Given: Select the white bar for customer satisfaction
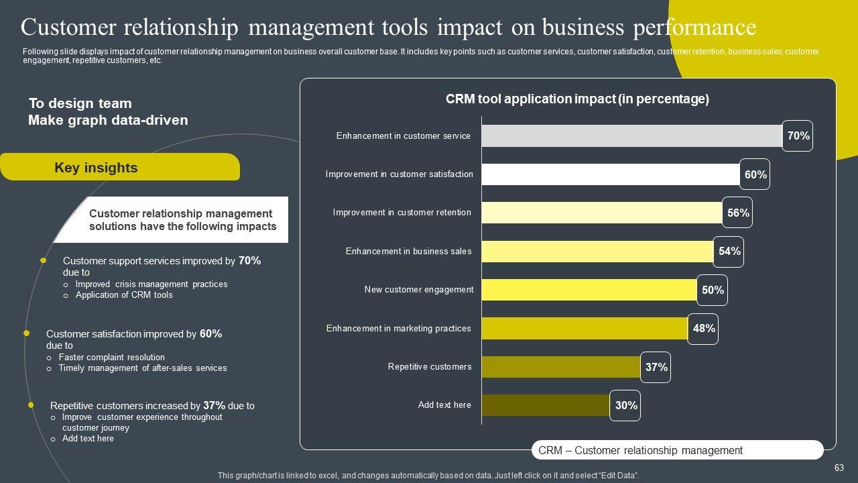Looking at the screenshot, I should (610, 174).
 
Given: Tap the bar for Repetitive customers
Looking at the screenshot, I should (560, 367).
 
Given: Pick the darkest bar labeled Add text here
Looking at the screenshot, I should (545, 405).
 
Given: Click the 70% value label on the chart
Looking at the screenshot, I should (798, 136).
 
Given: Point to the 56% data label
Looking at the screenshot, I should (737, 213).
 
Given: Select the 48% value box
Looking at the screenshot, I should (703, 329).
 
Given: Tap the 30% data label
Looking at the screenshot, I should (625, 405).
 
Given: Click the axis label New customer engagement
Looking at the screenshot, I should (418, 290).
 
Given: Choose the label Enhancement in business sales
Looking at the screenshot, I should (408, 252).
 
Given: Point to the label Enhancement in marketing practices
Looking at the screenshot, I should (398, 329).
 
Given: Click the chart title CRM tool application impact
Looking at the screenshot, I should (577, 99).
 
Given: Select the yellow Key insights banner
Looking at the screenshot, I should (119, 168).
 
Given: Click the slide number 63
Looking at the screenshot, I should (839, 468).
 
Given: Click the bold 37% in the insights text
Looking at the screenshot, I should (214, 405).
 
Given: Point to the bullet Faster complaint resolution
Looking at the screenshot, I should (111, 358).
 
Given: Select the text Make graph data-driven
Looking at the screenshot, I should (108, 120).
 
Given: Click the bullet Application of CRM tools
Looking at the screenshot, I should (124, 295).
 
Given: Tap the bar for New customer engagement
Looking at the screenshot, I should (589, 290).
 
